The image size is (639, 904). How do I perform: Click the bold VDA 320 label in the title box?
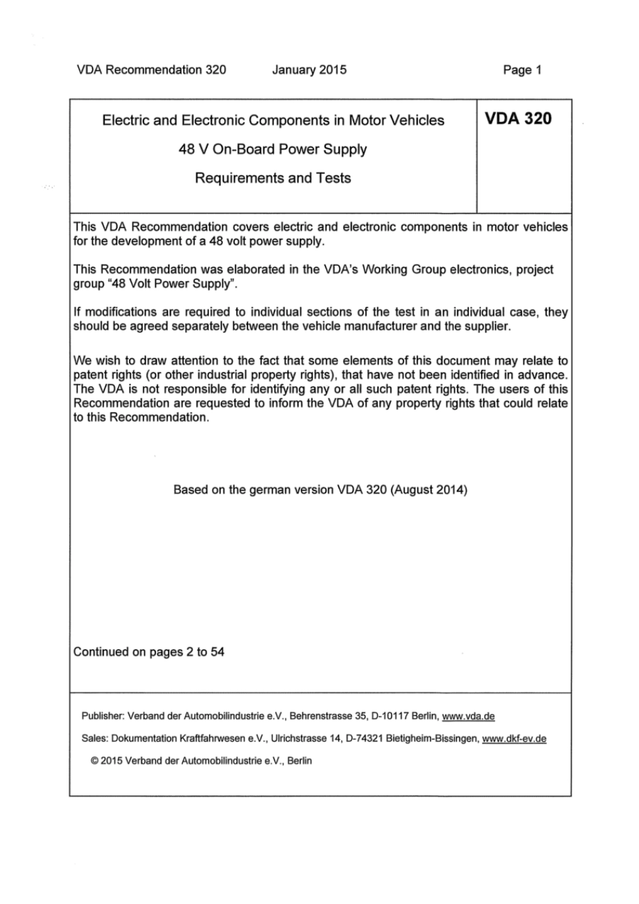pyautogui.click(x=518, y=119)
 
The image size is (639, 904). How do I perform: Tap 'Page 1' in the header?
pyautogui.click(x=522, y=70)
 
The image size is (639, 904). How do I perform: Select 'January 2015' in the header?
pyautogui.click(x=309, y=70)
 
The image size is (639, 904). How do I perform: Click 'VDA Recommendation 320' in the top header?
pyautogui.click(x=151, y=70)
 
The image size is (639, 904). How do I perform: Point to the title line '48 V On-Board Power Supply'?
pyautogui.click(x=272, y=149)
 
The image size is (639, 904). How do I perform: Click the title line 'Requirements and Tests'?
pyautogui.click(x=272, y=178)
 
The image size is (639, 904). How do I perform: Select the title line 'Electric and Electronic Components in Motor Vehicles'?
pyautogui.click(x=272, y=120)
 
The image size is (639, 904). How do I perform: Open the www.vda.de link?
pyautogui.click(x=468, y=716)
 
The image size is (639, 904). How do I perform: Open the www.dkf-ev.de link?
pyautogui.click(x=514, y=739)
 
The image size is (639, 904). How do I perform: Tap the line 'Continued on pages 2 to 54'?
pyautogui.click(x=149, y=652)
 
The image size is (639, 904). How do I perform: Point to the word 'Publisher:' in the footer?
pyautogui.click(x=102, y=716)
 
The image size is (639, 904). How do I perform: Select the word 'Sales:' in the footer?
pyautogui.click(x=94, y=739)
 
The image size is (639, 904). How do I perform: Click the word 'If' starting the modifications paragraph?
pyautogui.click(x=77, y=312)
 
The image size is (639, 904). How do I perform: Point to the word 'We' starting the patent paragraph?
pyautogui.click(x=81, y=361)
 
